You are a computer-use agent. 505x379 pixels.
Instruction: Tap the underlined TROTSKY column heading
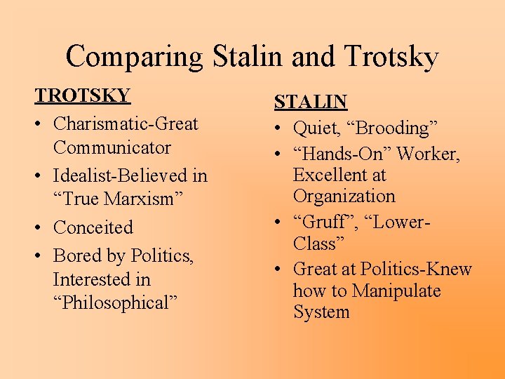(83, 96)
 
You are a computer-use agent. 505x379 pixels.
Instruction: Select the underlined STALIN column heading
(311, 102)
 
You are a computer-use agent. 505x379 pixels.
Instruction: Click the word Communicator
(112, 148)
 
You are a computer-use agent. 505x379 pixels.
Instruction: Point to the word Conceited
(93, 228)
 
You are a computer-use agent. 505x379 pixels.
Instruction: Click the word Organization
(344, 197)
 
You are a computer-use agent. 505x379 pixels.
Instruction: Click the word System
(321, 312)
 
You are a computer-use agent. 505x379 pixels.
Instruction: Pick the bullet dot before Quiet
(280, 128)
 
